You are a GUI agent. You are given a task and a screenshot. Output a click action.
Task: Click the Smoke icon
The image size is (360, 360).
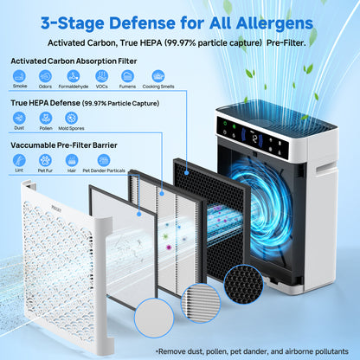coord(20,77)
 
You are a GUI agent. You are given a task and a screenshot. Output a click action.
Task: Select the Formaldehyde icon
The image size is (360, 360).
coord(72,77)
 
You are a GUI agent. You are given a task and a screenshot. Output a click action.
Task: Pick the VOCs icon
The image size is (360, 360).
coord(100,77)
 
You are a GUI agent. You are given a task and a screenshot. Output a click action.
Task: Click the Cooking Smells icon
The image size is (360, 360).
coord(157,77)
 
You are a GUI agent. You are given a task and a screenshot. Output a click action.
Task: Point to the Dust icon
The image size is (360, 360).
coord(20,119)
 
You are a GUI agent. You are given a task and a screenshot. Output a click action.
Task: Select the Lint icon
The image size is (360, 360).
coord(20,160)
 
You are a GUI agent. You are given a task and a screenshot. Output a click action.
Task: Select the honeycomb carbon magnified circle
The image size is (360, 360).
coord(243,285)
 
